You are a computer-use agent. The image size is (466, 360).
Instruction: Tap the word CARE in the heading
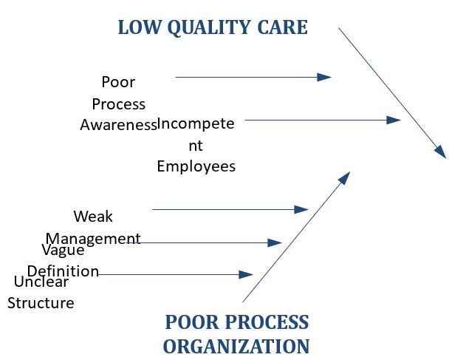coord(282,27)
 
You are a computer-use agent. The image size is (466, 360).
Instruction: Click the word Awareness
coord(118,125)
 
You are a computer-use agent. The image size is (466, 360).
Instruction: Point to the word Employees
coord(196,166)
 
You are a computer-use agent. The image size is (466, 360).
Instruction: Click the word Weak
coord(93,217)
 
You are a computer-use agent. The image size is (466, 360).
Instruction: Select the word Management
coord(93,239)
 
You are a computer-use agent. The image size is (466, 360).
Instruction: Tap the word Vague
coord(63,250)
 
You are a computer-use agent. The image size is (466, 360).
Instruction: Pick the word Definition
coord(63,271)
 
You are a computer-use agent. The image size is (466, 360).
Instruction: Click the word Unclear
coord(41,282)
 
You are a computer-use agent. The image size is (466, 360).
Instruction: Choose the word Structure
coord(41,303)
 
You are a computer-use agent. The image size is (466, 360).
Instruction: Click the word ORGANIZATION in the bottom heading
coord(236,347)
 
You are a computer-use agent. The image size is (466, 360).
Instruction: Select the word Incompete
coord(196,123)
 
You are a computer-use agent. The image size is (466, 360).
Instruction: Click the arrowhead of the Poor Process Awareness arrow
coord(324,78)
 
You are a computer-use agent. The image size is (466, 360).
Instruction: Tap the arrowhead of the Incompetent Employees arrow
coord(394,120)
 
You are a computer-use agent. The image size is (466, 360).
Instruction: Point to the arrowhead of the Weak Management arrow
coord(301,209)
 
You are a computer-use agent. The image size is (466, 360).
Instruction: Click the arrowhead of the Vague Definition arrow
coord(275,242)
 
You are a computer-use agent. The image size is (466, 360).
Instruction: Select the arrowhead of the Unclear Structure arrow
coord(246,274)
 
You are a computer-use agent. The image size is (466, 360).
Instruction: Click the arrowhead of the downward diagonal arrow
coord(441,152)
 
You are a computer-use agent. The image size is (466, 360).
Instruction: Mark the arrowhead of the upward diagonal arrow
coord(345,178)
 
